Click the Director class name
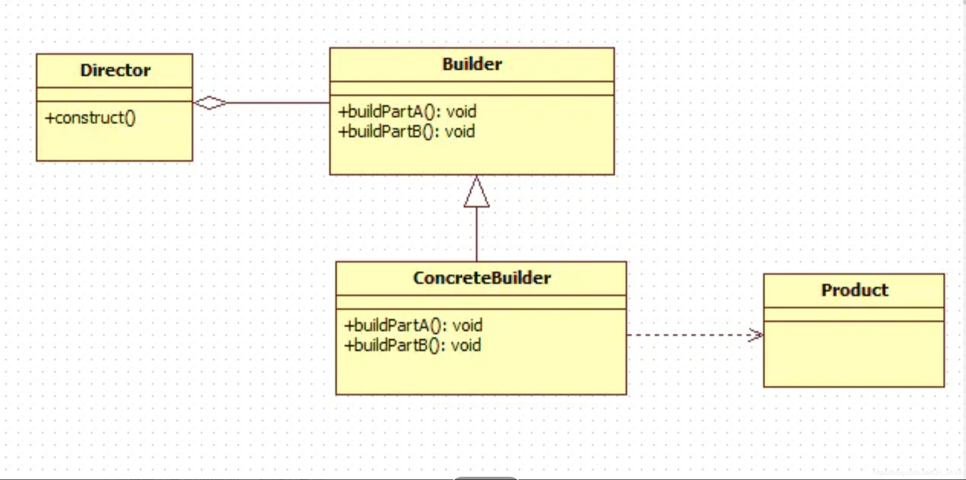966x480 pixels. coord(116,71)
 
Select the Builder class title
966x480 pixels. coord(472,64)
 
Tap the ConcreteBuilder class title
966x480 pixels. coord(482,278)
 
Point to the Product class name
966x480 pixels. coord(854,290)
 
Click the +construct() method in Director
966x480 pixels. coord(90,118)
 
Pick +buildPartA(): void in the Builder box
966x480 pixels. coord(408,111)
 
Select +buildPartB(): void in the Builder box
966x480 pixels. coord(407,132)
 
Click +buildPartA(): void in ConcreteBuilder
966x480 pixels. coord(413,326)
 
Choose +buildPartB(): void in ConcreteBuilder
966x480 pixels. coord(412,345)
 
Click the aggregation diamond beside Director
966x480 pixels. coord(210,103)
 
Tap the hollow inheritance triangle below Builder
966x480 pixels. coord(477,193)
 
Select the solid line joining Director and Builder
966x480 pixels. coord(278,103)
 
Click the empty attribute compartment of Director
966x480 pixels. coord(114,94)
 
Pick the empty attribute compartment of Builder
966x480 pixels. coord(472,88)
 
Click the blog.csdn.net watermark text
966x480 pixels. coord(917,473)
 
